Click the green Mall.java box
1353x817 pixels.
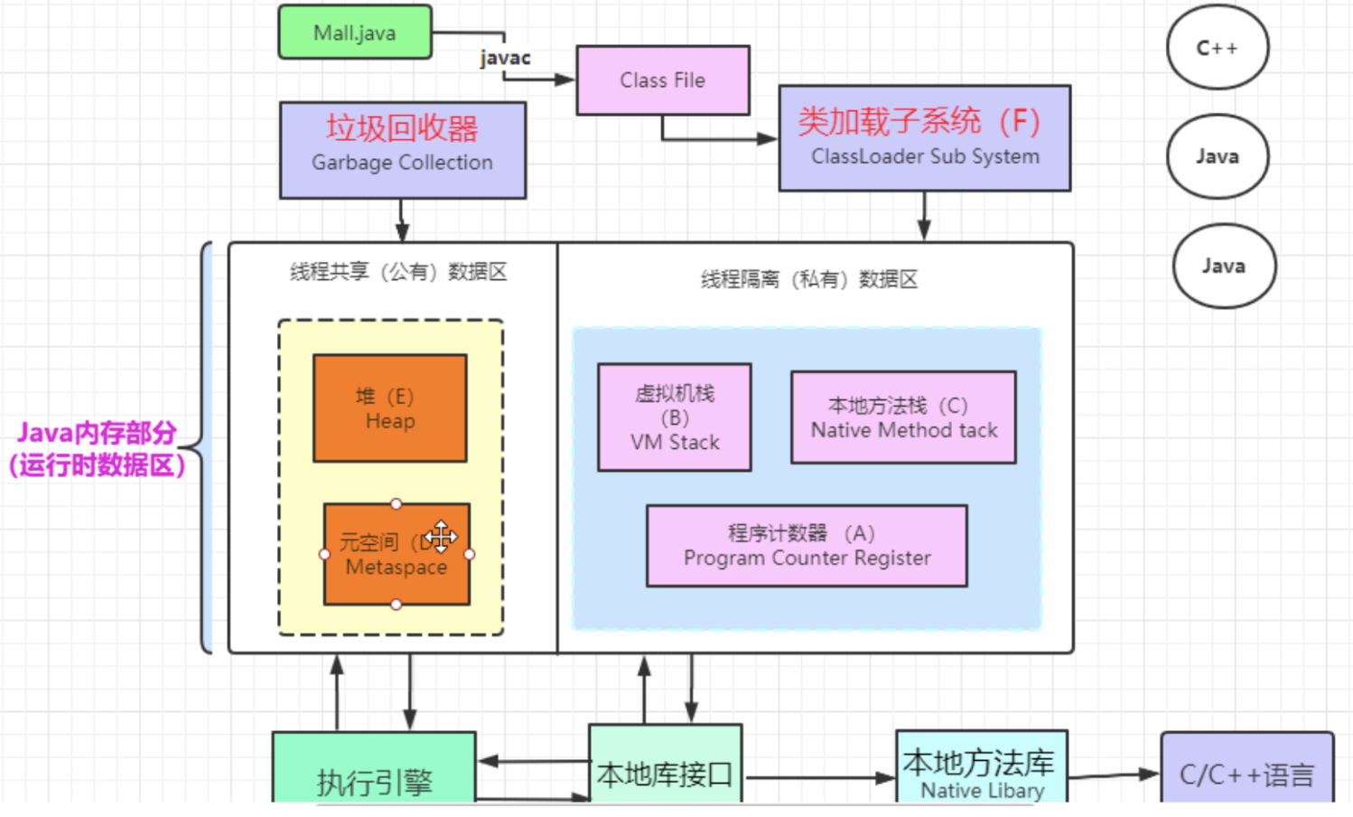click(x=354, y=33)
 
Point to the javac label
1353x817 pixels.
click(x=505, y=58)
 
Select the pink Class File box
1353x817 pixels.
click(x=662, y=80)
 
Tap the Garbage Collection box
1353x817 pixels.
click(x=402, y=149)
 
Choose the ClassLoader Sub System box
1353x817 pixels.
click(x=924, y=137)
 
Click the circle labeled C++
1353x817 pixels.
click(x=1217, y=48)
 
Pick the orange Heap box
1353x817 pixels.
click(x=389, y=408)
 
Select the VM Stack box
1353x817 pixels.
click(x=674, y=418)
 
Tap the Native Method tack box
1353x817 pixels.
click(x=903, y=418)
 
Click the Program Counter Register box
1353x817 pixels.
click(x=807, y=546)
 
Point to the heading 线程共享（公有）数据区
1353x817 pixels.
click(x=398, y=272)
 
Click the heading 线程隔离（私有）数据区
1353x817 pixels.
click(x=809, y=279)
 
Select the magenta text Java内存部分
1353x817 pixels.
click(x=97, y=433)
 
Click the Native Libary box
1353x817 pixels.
click(x=981, y=770)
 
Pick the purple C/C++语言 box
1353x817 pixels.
click(x=1246, y=772)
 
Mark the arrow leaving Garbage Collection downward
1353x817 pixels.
click(x=402, y=221)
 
